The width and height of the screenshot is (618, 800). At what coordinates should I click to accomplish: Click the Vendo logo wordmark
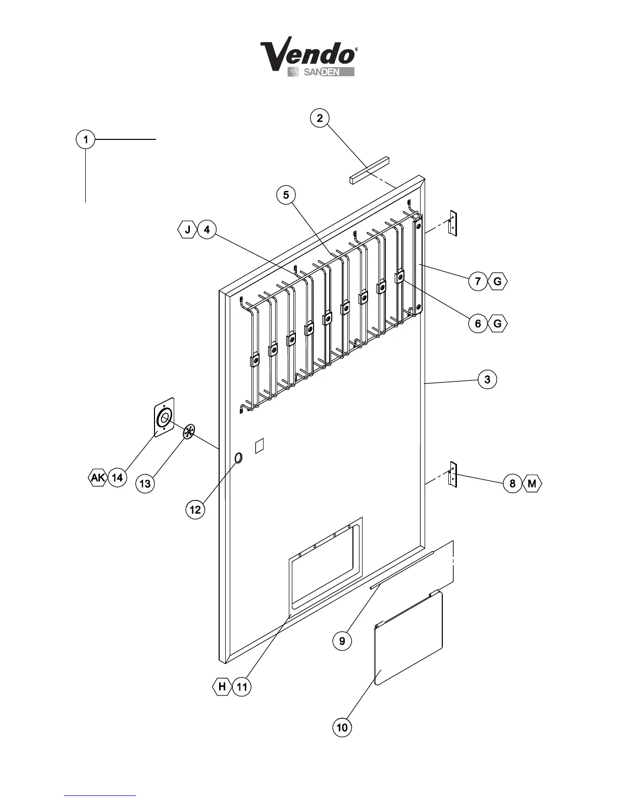[308, 56]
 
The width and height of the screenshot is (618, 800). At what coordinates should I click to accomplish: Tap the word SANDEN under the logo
[321, 72]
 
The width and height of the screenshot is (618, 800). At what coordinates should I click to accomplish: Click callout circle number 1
[86, 139]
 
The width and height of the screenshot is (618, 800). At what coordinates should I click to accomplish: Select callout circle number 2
[320, 118]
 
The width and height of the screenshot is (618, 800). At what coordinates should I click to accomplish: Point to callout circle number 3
[487, 379]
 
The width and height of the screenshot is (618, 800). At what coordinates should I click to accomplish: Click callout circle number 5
[286, 195]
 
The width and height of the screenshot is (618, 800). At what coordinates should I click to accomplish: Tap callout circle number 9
[342, 641]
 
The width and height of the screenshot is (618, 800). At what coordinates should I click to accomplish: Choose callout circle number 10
[342, 727]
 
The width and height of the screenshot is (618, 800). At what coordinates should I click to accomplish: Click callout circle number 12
[195, 510]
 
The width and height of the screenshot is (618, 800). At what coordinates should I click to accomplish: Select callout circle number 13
[145, 484]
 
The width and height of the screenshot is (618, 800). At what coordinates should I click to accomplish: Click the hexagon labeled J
[187, 230]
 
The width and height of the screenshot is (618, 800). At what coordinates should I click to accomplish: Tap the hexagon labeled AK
[98, 477]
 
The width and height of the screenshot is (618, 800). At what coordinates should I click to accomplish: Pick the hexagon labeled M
[532, 484]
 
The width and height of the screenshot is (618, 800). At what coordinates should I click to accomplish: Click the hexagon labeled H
[222, 687]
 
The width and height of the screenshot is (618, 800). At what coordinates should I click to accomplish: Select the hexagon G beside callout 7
[497, 281]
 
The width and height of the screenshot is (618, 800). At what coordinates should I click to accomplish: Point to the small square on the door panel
[260, 445]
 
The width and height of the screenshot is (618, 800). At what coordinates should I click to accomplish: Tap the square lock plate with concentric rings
[164, 417]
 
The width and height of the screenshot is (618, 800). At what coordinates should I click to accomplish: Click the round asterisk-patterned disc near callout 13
[188, 432]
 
